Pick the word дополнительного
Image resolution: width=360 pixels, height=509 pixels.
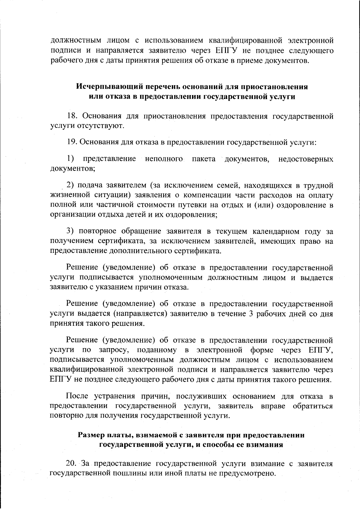(x=141, y=251)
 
